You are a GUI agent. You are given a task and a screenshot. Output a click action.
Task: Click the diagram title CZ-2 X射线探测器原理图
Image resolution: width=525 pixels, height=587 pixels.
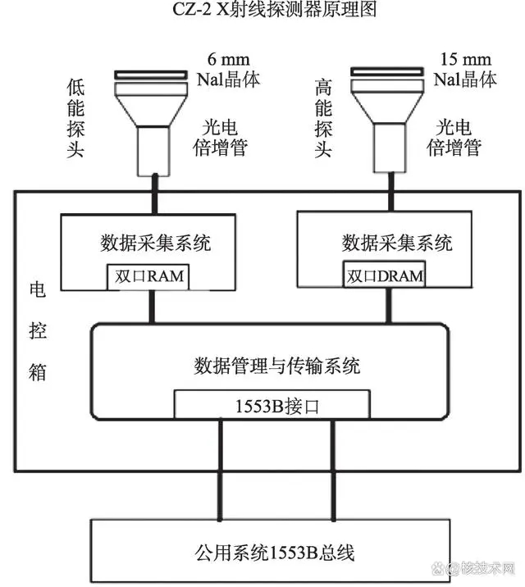pos(275,9)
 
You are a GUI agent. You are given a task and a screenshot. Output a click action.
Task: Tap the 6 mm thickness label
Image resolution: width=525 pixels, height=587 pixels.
pos(228,59)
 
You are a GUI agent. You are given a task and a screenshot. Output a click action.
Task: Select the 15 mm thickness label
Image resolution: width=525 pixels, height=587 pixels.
pos(465,59)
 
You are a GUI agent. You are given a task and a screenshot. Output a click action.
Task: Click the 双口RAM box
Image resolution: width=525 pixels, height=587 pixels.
pos(148,276)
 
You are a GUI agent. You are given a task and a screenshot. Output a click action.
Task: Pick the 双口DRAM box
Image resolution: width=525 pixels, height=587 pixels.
pos(384,275)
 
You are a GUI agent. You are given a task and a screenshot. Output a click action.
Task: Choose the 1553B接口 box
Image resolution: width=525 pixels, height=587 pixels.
pos(272,405)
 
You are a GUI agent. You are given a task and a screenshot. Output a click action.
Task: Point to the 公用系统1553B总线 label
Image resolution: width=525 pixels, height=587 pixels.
pos(274,553)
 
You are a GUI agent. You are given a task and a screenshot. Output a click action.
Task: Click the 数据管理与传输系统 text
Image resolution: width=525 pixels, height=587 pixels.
pos(277,366)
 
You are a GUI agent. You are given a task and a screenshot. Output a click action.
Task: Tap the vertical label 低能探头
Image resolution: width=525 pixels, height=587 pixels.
pos(75,118)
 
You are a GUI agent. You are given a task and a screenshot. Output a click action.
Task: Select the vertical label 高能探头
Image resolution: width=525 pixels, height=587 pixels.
pos(323,118)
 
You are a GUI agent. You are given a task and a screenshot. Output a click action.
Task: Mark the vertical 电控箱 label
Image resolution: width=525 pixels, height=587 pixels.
pos(38,331)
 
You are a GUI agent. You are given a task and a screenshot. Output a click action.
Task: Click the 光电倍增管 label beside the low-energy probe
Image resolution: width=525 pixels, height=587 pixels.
pos(220,138)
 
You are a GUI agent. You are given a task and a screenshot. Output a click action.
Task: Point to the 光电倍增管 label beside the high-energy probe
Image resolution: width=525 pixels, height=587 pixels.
pos(454,138)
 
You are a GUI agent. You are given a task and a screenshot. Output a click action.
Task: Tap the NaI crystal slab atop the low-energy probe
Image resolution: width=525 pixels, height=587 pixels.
pos(151,75)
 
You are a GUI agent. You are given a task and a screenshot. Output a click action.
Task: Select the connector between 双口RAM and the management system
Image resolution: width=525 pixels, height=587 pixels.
pos(152,307)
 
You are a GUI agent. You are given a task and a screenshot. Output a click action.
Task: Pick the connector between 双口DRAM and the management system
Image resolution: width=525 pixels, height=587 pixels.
pos(389,306)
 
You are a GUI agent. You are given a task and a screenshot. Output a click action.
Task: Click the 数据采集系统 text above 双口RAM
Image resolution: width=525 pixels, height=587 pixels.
pos(155,243)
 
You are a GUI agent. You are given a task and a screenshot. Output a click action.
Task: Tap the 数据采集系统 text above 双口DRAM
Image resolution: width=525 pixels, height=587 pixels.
pos(397,243)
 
